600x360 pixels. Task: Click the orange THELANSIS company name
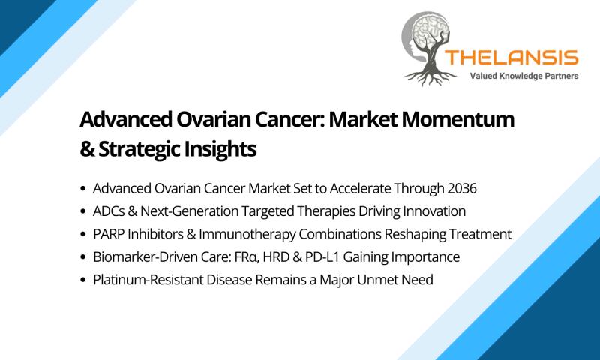pos(511,58)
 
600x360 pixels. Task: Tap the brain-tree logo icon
pos(427,48)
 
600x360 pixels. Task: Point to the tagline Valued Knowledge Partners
pos(523,76)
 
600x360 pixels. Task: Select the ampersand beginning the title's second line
pos(87,149)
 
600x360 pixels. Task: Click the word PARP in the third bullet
pos(109,234)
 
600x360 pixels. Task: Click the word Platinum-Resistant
pos(148,279)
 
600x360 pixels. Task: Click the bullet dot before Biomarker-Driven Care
pos(83,257)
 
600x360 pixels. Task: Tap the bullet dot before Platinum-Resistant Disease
pos(83,280)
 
